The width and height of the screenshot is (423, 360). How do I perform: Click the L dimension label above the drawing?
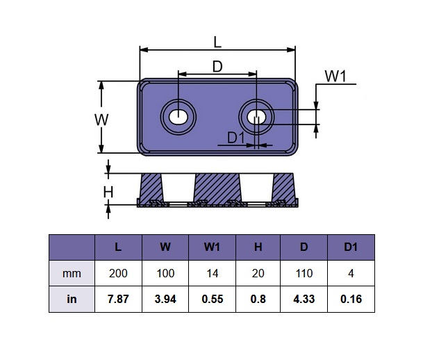point(217,41)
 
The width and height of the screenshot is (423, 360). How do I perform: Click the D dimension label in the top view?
point(217,67)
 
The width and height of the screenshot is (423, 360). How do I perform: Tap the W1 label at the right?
point(335,76)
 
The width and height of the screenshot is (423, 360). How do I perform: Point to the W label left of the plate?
point(101,119)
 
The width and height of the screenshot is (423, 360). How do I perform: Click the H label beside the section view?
point(108,192)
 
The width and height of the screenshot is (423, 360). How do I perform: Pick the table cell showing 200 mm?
point(117,273)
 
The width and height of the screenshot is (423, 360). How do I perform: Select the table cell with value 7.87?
point(117,300)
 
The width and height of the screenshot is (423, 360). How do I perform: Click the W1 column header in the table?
point(212,247)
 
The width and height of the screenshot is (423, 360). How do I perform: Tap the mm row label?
point(72,273)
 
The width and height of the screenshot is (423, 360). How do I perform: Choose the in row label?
point(72,300)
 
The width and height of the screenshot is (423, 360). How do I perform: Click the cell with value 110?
point(304,273)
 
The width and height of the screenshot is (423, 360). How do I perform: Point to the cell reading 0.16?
point(351,300)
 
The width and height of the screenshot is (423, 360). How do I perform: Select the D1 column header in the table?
point(351,247)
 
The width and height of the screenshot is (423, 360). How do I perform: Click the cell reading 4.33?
point(304,300)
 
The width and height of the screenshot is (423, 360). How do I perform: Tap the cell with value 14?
point(212,273)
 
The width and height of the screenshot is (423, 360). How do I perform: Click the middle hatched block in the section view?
point(217,186)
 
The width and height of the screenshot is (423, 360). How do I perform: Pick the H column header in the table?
point(258,247)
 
